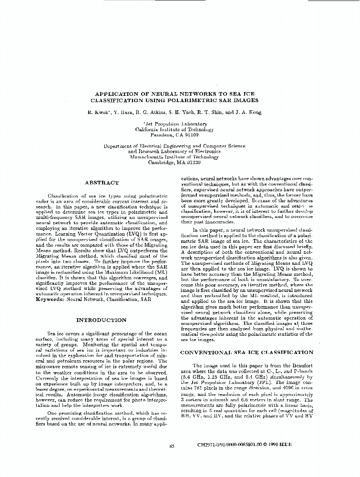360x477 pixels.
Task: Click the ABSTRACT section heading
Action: click(102, 182)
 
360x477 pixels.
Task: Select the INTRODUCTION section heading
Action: click(102, 320)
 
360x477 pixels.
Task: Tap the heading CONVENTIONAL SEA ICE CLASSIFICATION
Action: click(246, 352)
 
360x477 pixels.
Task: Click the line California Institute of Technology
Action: click(174, 129)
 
